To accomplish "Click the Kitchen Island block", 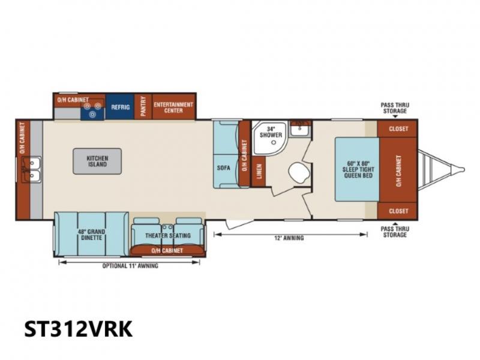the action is click(97, 161).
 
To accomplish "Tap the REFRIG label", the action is click(121, 107).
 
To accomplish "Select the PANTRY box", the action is click(143, 107).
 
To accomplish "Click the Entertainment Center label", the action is click(173, 107).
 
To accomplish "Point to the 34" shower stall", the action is click(269, 137).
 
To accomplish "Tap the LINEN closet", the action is click(259, 171).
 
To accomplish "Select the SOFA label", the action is click(223, 168).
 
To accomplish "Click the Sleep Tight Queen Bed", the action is click(358, 169).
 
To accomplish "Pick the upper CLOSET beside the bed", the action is click(397, 128).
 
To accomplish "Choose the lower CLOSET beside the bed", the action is click(397, 211).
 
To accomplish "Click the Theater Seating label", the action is click(168, 235).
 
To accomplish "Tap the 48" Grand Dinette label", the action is click(91, 235).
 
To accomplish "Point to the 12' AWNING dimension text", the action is click(289, 238).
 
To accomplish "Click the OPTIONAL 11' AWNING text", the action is click(130, 266).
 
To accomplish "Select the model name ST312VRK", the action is click(79, 328).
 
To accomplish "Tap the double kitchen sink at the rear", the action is click(31, 170).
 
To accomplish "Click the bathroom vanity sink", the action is click(300, 129).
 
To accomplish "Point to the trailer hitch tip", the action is click(464, 169).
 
